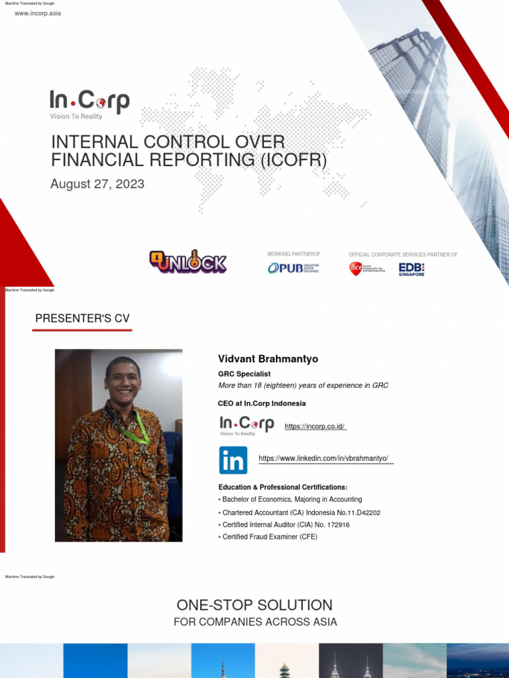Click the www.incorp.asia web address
pos(38,13)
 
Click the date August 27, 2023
pos(97,183)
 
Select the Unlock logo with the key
pos(188,262)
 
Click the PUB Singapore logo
pos(293,268)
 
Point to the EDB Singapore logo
pos(412,269)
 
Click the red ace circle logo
pos(357,268)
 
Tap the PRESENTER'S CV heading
pos(82,318)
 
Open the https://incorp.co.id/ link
pos(315,426)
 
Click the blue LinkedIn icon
pos(233,460)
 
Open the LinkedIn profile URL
pos(323,458)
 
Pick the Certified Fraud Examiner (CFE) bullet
pos(270,536)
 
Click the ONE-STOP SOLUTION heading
pos(254,605)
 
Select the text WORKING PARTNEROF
pos(294,254)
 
